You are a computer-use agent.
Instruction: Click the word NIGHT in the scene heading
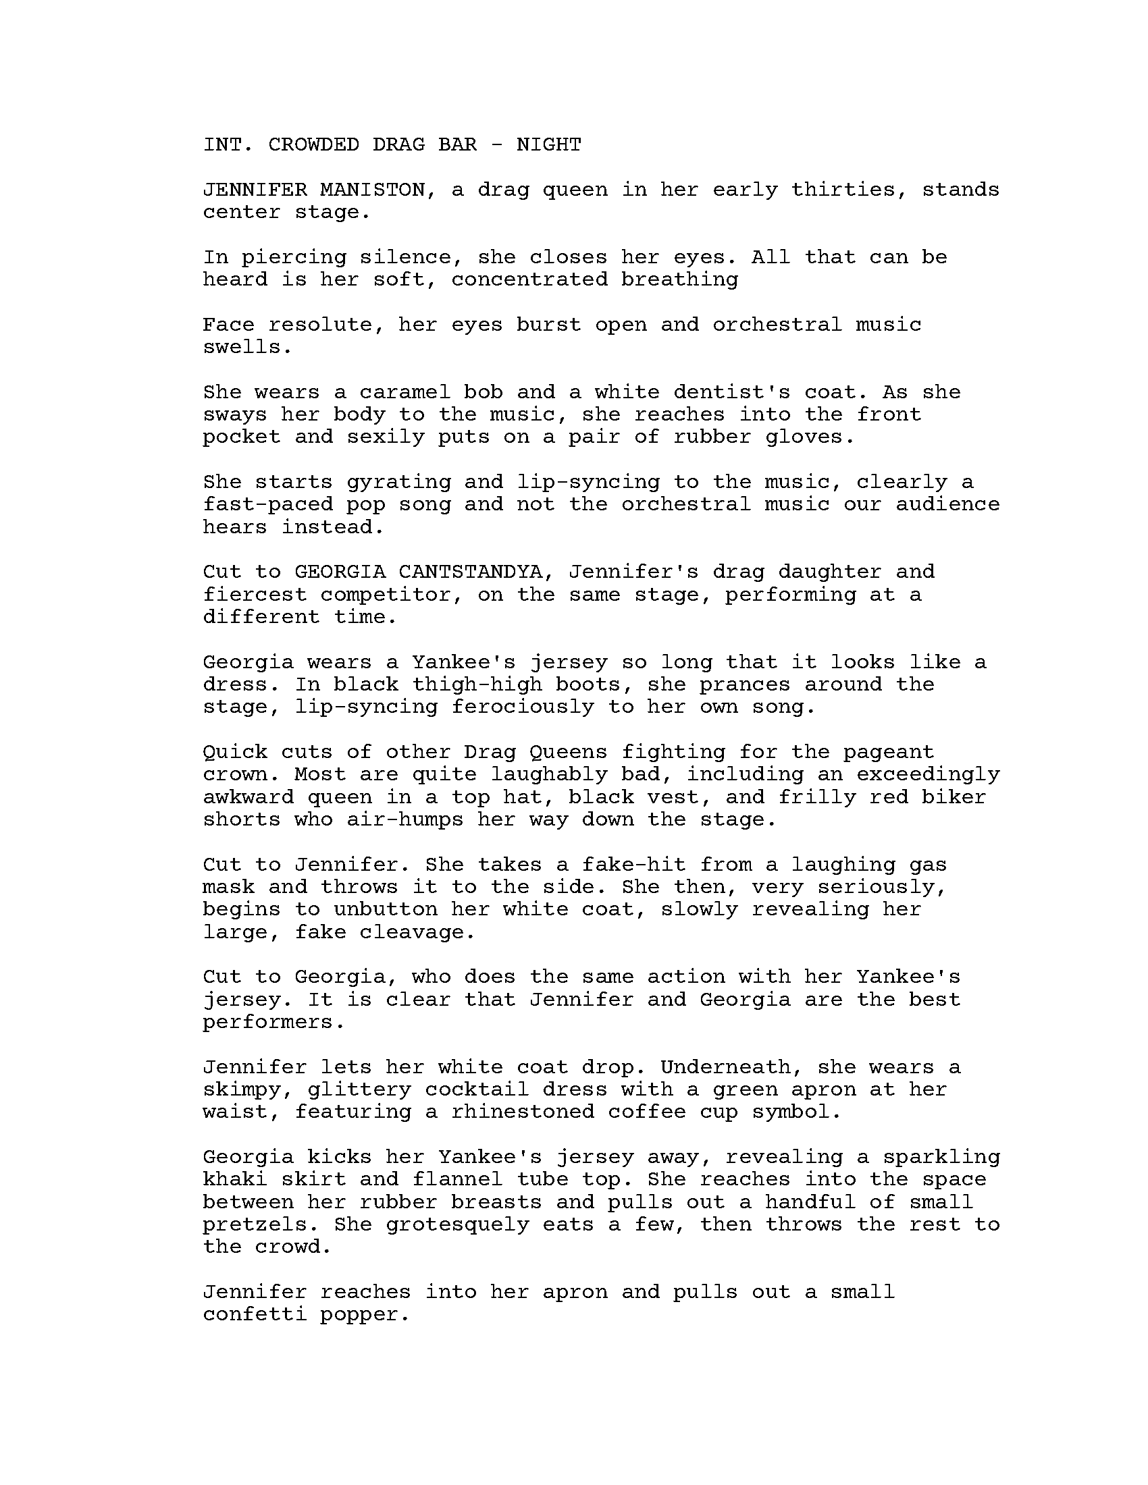coord(548,145)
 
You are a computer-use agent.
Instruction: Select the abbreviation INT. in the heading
coord(228,145)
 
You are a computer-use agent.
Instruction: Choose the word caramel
coord(405,392)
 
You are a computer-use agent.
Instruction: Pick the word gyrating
coord(398,482)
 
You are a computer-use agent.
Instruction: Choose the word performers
coord(273,1022)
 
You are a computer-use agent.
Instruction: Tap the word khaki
coord(234,1179)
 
